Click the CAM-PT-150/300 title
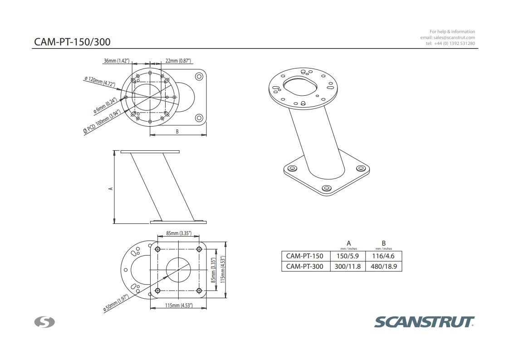[72, 42]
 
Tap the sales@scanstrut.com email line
[447, 37]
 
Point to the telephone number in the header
[450, 43]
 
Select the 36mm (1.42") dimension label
[117, 60]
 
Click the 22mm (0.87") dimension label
[178, 60]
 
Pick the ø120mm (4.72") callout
[100, 81]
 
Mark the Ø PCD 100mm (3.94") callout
[102, 121]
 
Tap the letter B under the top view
[177, 132]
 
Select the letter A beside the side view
[111, 187]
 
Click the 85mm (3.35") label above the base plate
[178, 233]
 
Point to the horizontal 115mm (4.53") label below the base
[178, 306]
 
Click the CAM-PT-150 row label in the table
[304, 256]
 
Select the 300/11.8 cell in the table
[347, 266]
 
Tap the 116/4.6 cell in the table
[383, 256]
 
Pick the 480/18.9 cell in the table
[383, 266]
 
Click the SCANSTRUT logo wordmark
[424, 322]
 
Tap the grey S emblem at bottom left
[44, 322]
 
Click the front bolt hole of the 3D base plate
[326, 188]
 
